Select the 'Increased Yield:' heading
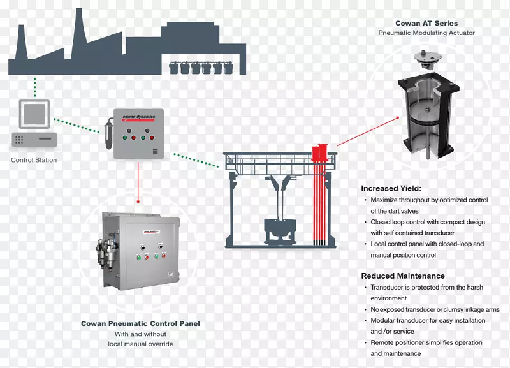pyautogui.click(x=391, y=188)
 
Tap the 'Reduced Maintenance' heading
pyautogui.click(x=403, y=276)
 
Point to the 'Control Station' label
pyautogui.click(x=34, y=160)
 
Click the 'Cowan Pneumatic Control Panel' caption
pyautogui.click(x=140, y=324)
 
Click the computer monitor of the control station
pyautogui.click(x=33, y=115)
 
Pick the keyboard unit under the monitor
pyautogui.click(x=34, y=139)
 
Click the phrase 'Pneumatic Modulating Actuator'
pyautogui.click(x=426, y=33)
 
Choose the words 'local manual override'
pyautogui.click(x=140, y=344)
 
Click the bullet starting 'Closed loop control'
pyautogui.click(x=428, y=228)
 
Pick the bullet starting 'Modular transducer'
pyautogui.click(x=428, y=326)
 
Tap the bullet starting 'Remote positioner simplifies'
pyautogui.click(x=428, y=348)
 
